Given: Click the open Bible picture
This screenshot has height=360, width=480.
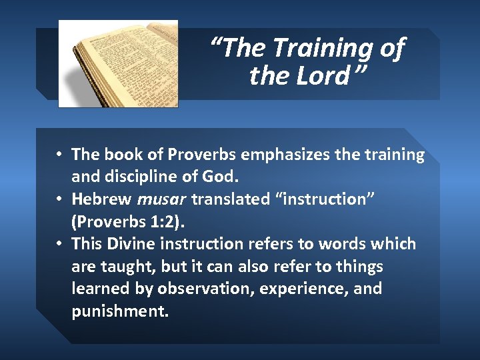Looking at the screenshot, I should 118,63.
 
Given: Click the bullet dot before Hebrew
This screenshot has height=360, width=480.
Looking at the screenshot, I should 59,199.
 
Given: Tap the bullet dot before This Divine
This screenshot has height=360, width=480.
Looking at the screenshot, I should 59,244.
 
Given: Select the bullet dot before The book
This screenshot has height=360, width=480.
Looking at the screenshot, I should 59,155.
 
